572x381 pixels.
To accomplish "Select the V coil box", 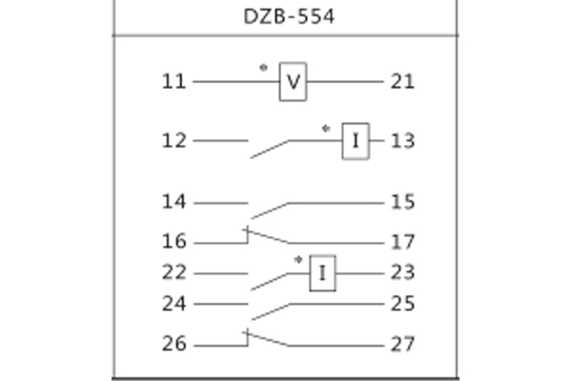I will (x=293, y=84).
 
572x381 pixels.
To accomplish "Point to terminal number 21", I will (x=401, y=83).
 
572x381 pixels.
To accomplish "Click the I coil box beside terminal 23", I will (x=321, y=274).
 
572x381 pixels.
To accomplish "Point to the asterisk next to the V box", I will (x=263, y=69).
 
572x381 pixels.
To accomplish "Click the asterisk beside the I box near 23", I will (x=297, y=259).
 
